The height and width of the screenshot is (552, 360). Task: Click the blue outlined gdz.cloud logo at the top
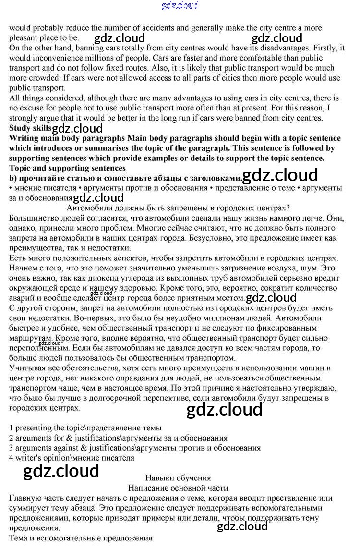(180, 6)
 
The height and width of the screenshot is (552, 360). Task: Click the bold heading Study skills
(30, 128)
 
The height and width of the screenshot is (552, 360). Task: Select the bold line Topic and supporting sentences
(67, 168)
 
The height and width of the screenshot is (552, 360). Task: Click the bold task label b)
(13, 178)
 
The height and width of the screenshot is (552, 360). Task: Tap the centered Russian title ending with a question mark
(178, 208)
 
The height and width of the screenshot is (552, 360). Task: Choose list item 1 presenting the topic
(85, 428)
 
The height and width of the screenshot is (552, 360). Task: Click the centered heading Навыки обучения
(178, 478)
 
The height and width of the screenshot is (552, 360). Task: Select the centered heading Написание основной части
(178, 488)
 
